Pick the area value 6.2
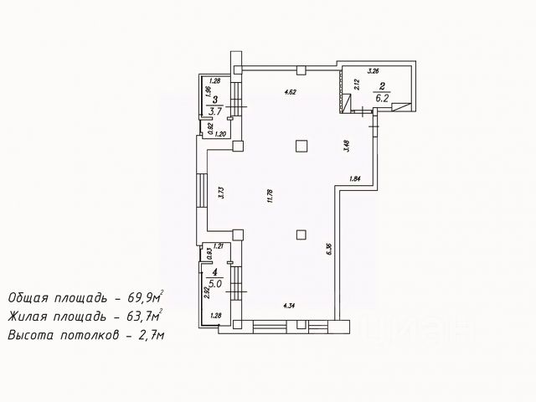coord(382,96)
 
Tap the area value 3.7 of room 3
coord(216,109)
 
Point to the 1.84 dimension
coord(354,178)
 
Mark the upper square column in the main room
coord(301,145)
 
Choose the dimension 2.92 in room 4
coord(206,293)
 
